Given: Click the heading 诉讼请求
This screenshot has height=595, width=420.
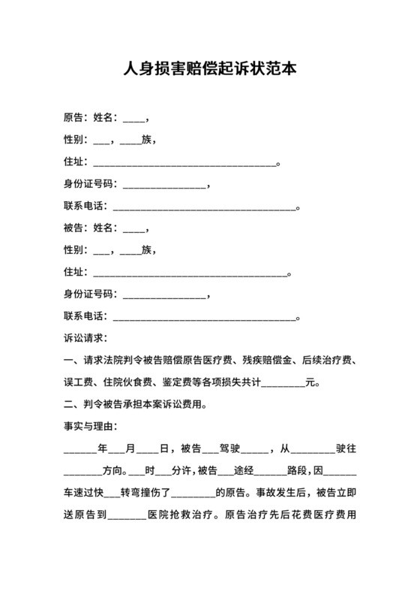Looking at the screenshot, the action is [x=86, y=338].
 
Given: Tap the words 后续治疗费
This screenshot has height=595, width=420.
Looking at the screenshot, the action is [x=331, y=360].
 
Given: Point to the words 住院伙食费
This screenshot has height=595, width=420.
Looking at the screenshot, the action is [x=132, y=382].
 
